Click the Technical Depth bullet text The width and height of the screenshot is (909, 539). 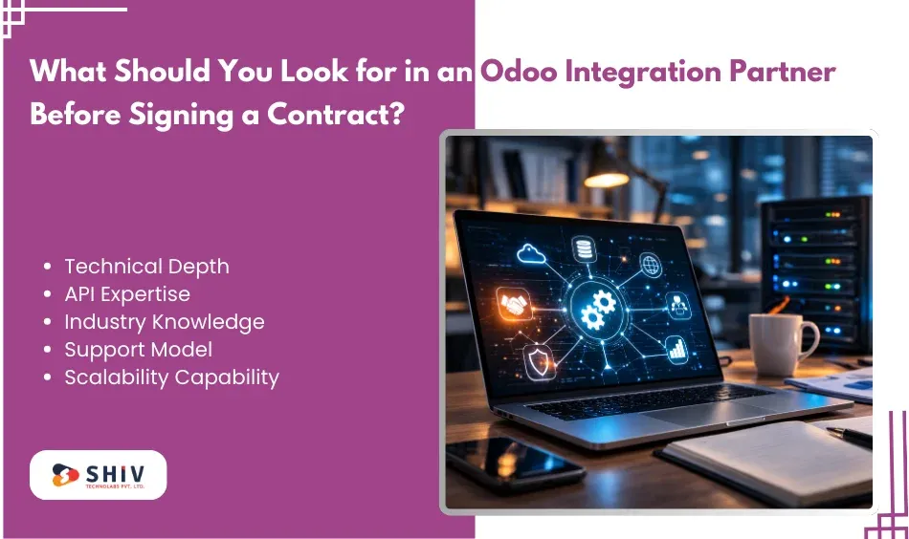(146, 267)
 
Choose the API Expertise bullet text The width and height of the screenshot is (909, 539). (126, 294)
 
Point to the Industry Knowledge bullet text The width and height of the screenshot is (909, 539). (164, 322)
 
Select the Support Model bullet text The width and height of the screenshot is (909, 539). (138, 350)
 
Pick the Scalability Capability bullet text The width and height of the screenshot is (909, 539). (171, 377)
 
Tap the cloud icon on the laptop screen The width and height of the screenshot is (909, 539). (532, 252)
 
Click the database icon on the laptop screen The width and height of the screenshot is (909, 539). (583, 248)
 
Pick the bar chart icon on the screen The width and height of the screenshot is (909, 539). (677, 349)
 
